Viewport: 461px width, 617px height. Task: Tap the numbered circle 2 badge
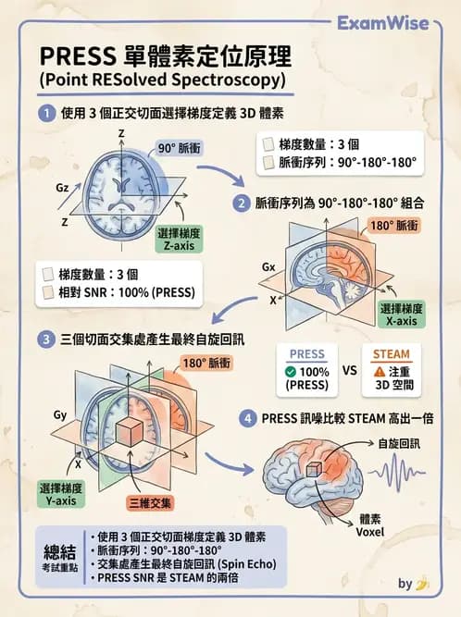click(240, 202)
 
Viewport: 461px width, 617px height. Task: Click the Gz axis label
click(62, 187)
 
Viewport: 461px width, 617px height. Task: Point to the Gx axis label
click(268, 267)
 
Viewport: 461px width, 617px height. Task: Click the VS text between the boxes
click(350, 370)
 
